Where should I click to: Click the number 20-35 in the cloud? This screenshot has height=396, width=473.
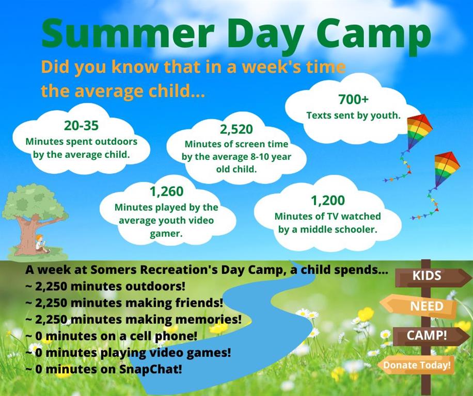pos(81,125)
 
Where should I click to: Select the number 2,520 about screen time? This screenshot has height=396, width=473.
pos(236,129)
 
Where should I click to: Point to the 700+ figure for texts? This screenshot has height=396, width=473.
pos(353,99)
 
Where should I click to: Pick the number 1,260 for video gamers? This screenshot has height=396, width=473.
pos(166,191)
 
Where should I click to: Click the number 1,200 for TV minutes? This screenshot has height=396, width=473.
pos(327,201)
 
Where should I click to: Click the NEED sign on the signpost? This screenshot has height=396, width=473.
pos(419,306)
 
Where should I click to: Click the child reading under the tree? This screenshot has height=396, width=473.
pos(41,244)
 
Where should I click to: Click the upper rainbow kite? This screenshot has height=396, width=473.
pos(419,131)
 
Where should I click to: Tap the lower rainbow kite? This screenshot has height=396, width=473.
pos(446,169)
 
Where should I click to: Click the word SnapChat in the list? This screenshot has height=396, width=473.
pos(151,369)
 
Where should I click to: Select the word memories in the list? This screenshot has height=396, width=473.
pos(209,319)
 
